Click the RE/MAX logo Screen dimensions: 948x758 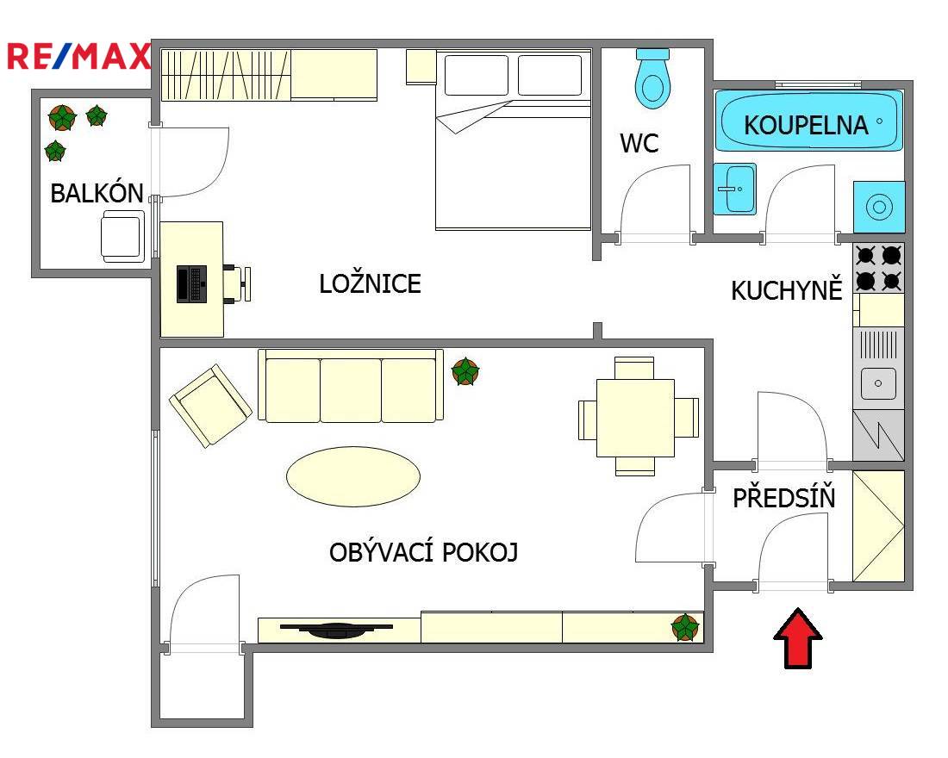(78, 56)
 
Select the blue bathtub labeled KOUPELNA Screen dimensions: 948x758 (809, 121)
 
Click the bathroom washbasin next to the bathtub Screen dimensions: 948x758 (734, 189)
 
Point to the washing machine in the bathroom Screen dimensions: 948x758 (879, 207)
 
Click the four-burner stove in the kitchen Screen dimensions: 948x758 (878, 268)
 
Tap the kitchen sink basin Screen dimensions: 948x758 (878, 382)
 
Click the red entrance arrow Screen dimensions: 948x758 (797, 638)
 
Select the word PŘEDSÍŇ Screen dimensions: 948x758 (783, 497)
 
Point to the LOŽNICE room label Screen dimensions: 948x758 (370, 283)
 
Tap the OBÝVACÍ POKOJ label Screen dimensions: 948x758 (423, 551)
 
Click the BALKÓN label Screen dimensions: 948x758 (97, 193)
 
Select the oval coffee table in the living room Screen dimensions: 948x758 (353, 476)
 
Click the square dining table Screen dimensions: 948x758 (635, 418)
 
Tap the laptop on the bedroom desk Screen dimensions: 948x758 (191, 283)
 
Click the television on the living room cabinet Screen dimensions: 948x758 (337, 630)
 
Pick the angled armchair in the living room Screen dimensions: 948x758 (210, 404)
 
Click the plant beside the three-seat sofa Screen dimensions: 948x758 (465, 371)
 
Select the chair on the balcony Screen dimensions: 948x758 (122, 236)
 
